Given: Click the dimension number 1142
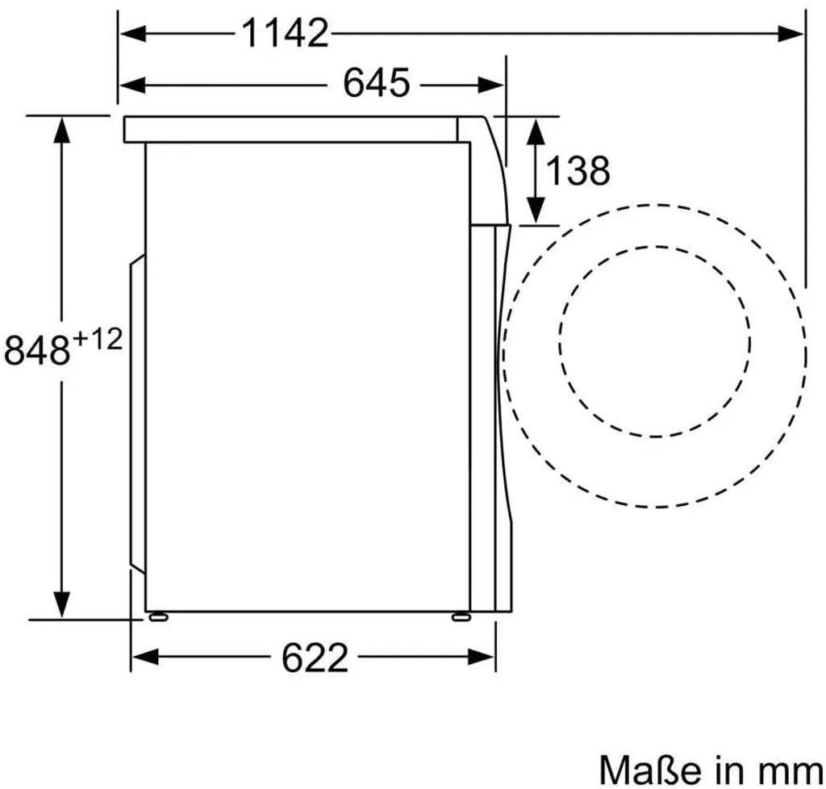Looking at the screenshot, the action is tap(285, 34).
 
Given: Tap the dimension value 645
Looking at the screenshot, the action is tap(376, 83).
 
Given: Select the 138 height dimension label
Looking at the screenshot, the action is tap(578, 170).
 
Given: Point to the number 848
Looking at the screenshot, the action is tap(37, 351).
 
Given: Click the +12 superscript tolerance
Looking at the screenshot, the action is tap(98, 339).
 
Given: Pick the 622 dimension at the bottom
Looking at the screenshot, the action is tap(315, 657).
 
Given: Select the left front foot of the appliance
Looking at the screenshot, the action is tap(159, 617).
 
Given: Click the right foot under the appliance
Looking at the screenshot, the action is tap(461, 617).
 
